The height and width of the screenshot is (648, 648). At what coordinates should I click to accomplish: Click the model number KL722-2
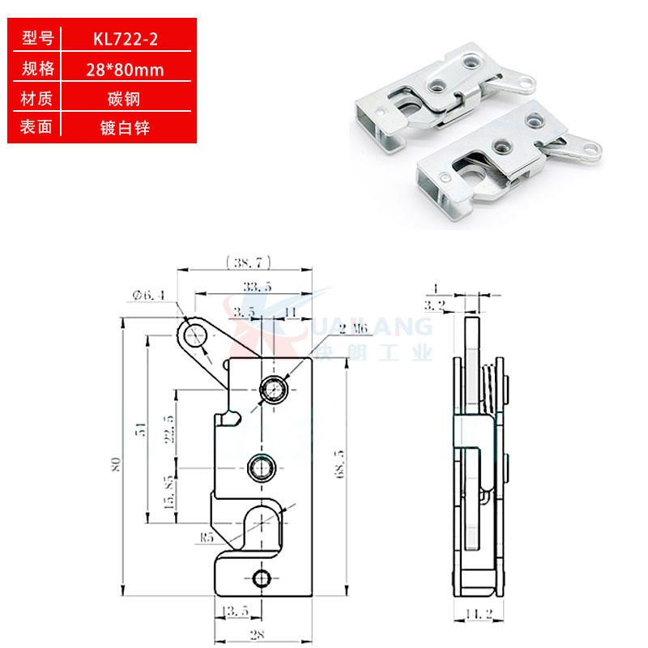[x=125, y=39]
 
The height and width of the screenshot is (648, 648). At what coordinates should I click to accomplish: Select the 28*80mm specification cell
[x=125, y=70]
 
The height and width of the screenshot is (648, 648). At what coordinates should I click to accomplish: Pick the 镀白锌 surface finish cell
[x=125, y=128]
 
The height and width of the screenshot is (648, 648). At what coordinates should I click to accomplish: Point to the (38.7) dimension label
[x=248, y=262]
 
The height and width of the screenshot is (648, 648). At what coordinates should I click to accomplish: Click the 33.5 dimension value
[x=256, y=286]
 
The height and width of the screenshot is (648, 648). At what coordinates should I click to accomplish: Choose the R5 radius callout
[x=206, y=536]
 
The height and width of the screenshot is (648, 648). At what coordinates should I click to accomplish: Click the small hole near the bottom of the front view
[x=261, y=577]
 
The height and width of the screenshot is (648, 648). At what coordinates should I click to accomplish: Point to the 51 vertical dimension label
[x=140, y=430]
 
